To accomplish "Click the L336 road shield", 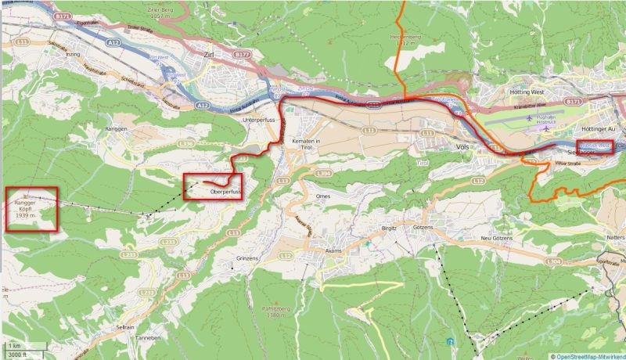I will (x=185, y=144).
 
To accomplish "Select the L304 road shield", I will (x=554, y=261).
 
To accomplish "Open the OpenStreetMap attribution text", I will (x=588, y=356).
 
